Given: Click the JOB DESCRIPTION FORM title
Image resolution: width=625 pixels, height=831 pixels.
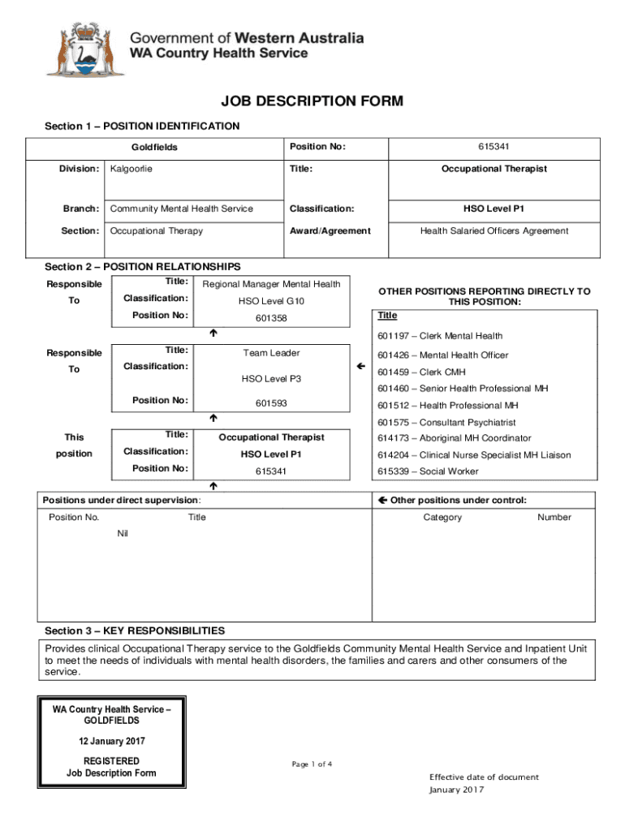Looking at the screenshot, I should coord(312,101).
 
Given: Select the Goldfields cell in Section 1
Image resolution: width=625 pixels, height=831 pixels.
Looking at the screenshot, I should coord(154,148).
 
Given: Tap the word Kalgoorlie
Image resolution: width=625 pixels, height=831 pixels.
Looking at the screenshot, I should coord(131,169).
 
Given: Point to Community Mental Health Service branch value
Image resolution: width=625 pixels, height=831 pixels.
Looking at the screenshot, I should coord(182,209).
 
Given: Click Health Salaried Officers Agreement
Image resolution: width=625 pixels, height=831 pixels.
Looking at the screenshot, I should coord(494,230).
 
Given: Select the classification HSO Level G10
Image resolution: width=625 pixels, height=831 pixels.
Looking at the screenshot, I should coord(271,301).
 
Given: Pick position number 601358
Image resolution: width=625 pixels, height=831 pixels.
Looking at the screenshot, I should coord(271,318).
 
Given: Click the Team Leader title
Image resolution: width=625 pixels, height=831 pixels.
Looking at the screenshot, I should coord(271,353).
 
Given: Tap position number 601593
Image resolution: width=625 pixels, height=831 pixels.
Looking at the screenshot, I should coord(271,403).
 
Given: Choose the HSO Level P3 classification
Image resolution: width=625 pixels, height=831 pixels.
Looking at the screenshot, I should coord(271,378).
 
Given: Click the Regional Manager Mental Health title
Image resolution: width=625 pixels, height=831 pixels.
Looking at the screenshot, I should coord(271,284).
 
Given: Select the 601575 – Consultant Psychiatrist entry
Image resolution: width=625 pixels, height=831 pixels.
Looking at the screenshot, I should coord(446,422).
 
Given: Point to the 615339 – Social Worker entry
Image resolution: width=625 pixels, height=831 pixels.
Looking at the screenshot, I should coord(428,471).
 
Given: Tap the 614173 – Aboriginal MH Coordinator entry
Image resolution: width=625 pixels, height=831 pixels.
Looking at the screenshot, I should coord(454,438).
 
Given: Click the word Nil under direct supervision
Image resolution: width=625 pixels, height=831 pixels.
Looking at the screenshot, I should coord(123,533).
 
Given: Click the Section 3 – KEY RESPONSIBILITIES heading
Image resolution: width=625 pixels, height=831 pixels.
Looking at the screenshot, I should coord(135,631).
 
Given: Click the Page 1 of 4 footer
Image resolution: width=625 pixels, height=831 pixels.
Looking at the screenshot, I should coord(312,764).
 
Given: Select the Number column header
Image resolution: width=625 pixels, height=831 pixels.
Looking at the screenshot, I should coord(554,517).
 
